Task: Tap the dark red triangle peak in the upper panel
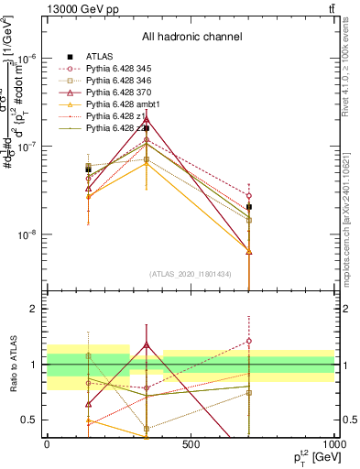147,118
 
